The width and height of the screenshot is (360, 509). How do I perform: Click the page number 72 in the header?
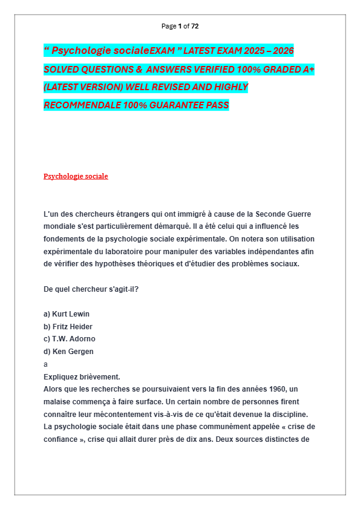[x=195, y=26]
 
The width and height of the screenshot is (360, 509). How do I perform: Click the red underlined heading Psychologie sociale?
[x=76, y=176]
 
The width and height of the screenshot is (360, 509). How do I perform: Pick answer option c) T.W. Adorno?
[x=70, y=339]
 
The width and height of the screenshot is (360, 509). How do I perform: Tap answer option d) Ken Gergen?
[x=68, y=352]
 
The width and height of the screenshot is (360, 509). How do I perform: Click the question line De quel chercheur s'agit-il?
[x=91, y=289]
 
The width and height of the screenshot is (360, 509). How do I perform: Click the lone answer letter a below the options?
[x=45, y=364]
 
